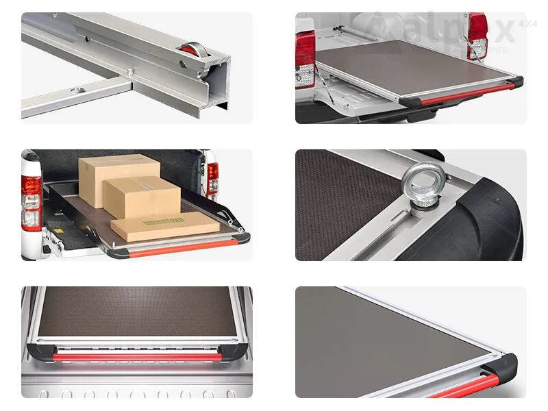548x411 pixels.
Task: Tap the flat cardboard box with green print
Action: click(x=164, y=225)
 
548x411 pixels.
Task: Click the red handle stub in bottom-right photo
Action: click(x=473, y=387)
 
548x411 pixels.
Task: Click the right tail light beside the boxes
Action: click(x=212, y=179)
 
